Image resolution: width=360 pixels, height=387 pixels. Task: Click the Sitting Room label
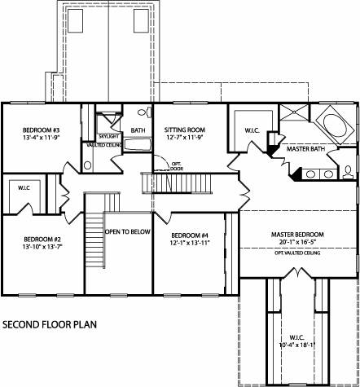(183, 130)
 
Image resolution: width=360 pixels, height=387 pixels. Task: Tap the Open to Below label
(128, 231)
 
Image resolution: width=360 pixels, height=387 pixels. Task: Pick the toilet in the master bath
(349, 170)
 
